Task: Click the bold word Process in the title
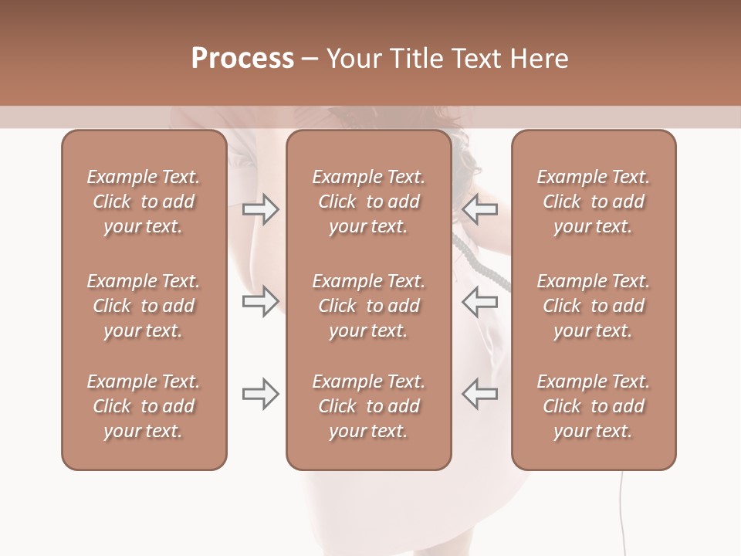pyautogui.click(x=242, y=59)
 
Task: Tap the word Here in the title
pyautogui.click(x=540, y=59)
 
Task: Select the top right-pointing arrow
pyautogui.click(x=261, y=208)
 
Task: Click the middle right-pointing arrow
pyautogui.click(x=261, y=301)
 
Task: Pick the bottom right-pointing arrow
pyautogui.click(x=261, y=394)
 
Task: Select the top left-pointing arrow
pyautogui.click(x=479, y=208)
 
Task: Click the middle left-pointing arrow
pyautogui.click(x=479, y=301)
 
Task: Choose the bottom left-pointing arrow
pyautogui.click(x=479, y=394)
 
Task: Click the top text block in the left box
pyautogui.click(x=144, y=202)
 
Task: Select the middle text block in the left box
pyautogui.click(x=144, y=306)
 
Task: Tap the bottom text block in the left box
pyautogui.click(x=144, y=406)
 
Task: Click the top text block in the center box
pyautogui.click(x=368, y=202)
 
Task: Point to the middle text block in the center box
pyautogui.click(x=368, y=306)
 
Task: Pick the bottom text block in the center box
pyautogui.click(x=368, y=406)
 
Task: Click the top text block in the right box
pyautogui.click(x=593, y=202)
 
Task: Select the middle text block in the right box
pyautogui.click(x=593, y=306)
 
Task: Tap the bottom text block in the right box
pyautogui.click(x=593, y=406)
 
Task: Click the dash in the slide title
pyautogui.click(x=310, y=59)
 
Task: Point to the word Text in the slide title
pyautogui.click(x=475, y=59)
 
